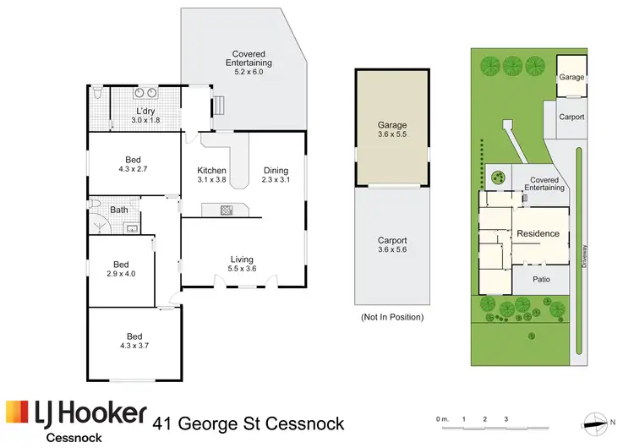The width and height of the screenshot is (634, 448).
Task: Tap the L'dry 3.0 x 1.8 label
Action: pyautogui.click(x=144, y=116)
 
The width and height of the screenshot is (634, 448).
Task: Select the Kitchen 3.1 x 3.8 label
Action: pyautogui.click(x=211, y=174)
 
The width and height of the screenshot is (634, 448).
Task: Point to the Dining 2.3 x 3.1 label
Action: pyautogui.click(x=276, y=174)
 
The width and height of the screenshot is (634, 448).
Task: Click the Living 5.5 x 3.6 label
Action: pyautogui.click(x=242, y=264)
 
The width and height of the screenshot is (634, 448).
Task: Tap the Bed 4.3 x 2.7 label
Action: pyautogui.click(x=134, y=164)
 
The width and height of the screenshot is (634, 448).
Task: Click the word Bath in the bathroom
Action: pyautogui.click(x=118, y=210)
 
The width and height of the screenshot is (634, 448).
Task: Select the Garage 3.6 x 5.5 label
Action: pyautogui.click(x=391, y=131)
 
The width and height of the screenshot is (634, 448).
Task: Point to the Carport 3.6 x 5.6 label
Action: pyautogui.click(x=391, y=244)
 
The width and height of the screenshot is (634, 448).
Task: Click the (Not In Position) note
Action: pyautogui.click(x=391, y=317)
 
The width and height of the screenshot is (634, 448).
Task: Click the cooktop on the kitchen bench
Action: pyautogui.click(x=226, y=209)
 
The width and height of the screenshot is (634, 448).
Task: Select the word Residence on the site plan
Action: pyautogui.click(x=538, y=233)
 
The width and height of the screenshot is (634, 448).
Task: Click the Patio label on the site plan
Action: pyautogui.click(x=541, y=279)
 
